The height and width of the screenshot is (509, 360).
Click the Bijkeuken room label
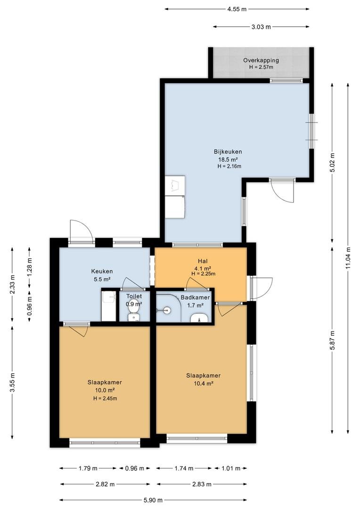pyautogui.click(x=228, y=152)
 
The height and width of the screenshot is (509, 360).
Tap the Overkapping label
pyautogui.click(x=261, y=60)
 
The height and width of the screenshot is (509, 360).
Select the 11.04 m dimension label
pyautogui.click(x=348, y=258)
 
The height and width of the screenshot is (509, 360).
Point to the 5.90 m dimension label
pyautogui.click(x=153, y=500)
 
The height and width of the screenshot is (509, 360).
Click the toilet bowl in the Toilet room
pyautogui.click(x=133, y=317)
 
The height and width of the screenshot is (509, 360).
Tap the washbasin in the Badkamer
pyautogui.click(x=199, y=319)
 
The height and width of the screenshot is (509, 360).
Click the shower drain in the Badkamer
pyautogui.click(x=166, y=310)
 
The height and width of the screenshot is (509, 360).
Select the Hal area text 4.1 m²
pyautogui.click(x=203, y=268)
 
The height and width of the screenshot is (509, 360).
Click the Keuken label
pyautogui.click(x=102, y=271)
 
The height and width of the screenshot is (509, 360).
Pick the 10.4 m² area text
pyautogui.click(x=204, y=383)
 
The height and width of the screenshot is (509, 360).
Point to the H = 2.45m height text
pyautogui.click(x=105, y=399)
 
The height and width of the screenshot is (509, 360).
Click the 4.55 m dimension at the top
pyautogui.click(x=237, y=9)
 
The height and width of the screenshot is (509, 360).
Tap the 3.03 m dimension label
pyautogui.click(x=261, y=27)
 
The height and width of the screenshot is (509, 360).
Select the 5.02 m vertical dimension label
pyautogui.click(x=332, y=162)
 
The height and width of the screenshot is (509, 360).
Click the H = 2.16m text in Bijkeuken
pyautogui.click(x=229, y=166)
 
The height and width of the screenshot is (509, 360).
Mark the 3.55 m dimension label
pyautogui.click(x=12, y=382)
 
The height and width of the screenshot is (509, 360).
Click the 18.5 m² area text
pyautogui.click(x=228, y=159)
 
